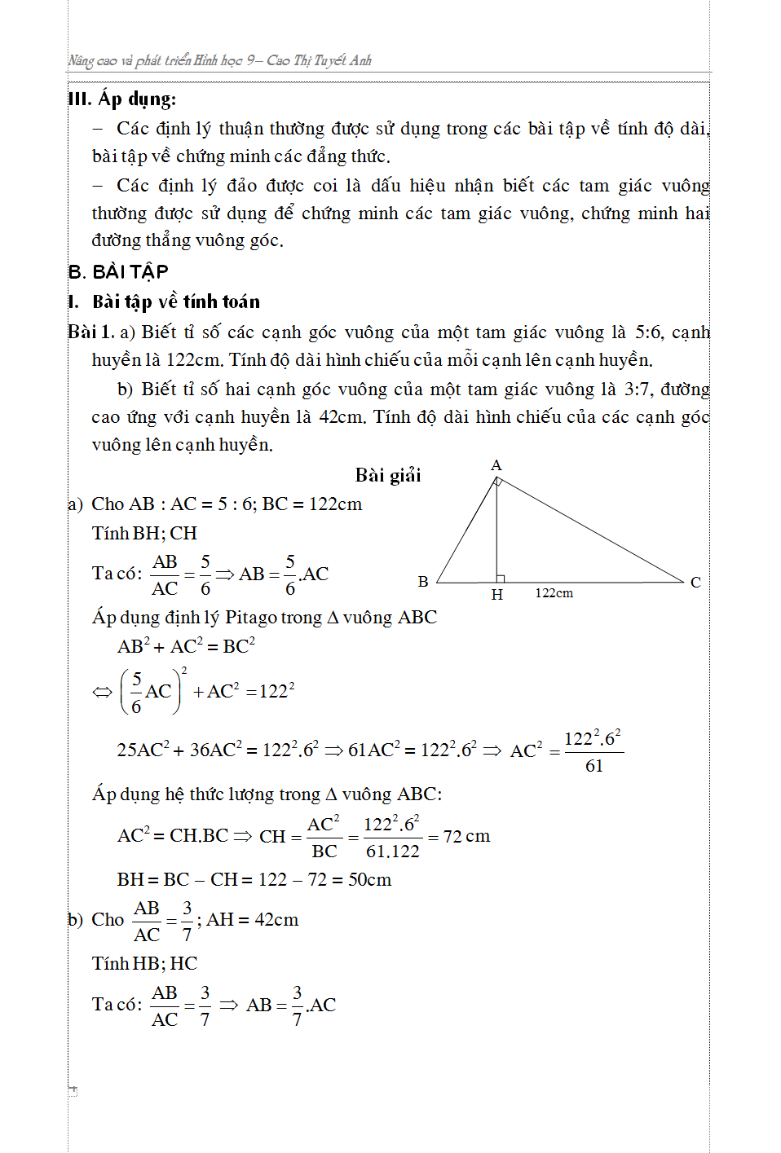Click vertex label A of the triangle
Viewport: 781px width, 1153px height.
point(496,465)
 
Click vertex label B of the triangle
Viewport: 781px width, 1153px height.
point(423,582)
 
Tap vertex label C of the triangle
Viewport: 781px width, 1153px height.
point(695,583)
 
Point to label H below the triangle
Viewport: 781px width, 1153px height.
point(497,595)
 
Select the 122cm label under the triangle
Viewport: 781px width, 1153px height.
point(554,593)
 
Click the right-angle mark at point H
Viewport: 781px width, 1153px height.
point(501,579)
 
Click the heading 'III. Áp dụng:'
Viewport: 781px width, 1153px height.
point(122,99)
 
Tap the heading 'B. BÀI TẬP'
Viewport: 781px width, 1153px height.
point(118,272)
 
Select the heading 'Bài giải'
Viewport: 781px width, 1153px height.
point(388,475)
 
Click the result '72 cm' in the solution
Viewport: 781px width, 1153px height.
point(466,837)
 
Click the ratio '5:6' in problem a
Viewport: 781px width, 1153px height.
point(648,332)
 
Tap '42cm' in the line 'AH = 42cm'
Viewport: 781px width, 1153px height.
point(276,920)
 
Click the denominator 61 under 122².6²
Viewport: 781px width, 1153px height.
point(594,766)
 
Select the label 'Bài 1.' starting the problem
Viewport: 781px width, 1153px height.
point(90,332)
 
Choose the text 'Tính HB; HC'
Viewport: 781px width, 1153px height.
point(144,964)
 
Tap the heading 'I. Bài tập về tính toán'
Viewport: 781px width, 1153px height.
point(164,302)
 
